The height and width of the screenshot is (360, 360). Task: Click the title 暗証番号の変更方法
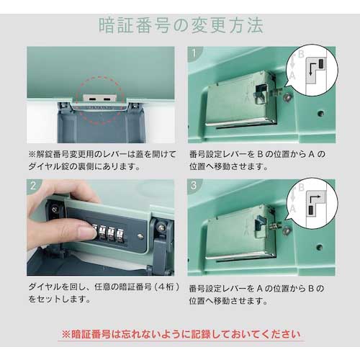tap(180, 24)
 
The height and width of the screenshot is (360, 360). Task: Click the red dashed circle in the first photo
tap(102, 99)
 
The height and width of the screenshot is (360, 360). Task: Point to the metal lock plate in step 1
tap(241, 101)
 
